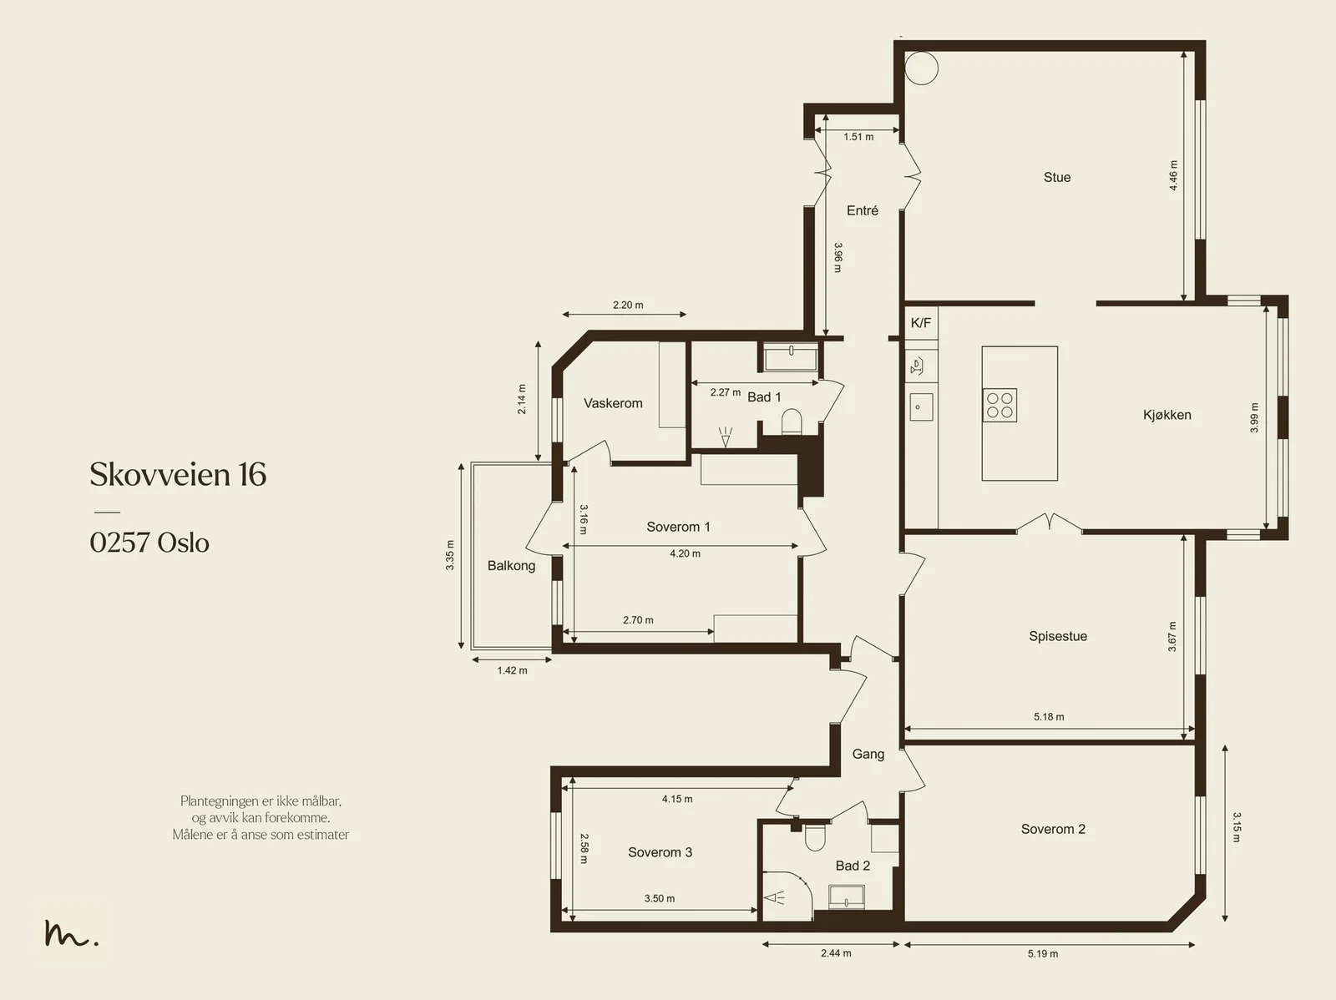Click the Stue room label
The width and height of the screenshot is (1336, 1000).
click(1056, 177)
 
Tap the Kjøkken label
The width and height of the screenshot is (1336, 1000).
click(1166, 415)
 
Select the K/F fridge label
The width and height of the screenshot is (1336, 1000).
click(920, 323)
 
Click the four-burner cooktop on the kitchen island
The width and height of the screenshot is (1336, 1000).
click(999, 405)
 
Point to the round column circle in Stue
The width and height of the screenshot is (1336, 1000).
click(921, 68)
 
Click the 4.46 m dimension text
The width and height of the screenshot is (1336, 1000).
click(1173, 175)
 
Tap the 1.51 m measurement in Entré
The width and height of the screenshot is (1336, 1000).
click(858, 137)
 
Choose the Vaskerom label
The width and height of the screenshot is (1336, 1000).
click(613, 403)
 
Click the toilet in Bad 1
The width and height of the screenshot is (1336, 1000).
click(792, 421)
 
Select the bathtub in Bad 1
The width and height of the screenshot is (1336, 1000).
click(791, 357)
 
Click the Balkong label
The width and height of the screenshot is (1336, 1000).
click(511, 566)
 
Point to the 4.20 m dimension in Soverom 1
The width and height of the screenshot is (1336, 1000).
click(685, 553)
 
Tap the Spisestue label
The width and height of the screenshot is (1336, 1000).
click(1058, 636)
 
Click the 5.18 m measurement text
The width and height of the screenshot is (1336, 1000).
click(1049, 716)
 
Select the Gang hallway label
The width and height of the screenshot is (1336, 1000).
click(868, 755)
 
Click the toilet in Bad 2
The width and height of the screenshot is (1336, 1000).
click(814, 837)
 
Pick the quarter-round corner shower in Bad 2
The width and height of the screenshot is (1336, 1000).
click(787, 896)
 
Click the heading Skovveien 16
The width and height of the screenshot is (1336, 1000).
click(178, 474)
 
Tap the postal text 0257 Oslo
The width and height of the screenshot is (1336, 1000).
click(149, 543)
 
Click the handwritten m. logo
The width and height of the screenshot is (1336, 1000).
click(71, 933)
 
